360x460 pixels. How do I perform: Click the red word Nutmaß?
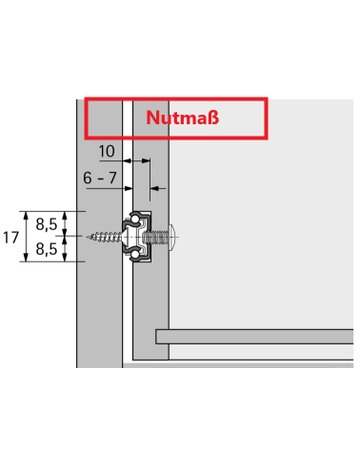pyautogui.click(x=182, y=118)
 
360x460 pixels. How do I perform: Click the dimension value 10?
pyautogui.click(x=107, y=151)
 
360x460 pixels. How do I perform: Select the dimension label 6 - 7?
pyautogui.click(x=100, y=178)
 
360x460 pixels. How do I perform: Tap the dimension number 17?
pyautogui.click(x=11, y=238)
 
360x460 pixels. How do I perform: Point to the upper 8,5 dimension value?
pyautogui.click(x=47, y=225)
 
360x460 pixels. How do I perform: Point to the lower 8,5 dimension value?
pyautogui.click(x=47, y=249)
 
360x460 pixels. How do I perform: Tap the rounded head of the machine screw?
pyautogui.click(x=174, y=237)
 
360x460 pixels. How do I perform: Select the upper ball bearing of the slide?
pyautogui.click(x=136, y=219)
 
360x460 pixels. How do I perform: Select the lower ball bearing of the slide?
pyautogui.click(x=135, y=255)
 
